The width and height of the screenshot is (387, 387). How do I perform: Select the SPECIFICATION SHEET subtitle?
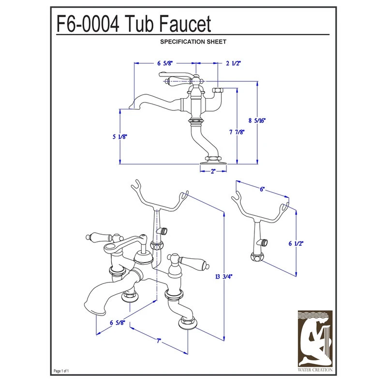pos(193,42)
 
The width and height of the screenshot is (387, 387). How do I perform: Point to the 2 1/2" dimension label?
pos(233,63)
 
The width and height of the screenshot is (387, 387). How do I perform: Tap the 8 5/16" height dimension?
pos(257,120)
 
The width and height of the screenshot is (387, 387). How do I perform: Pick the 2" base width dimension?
pos(213,171)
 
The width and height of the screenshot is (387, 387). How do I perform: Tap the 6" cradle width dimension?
pos(262,191)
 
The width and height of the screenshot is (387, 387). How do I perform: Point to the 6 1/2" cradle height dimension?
pos(296,243)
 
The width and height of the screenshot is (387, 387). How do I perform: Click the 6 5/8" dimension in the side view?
pos(165,63)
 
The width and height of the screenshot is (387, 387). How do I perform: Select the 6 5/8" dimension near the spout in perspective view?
pos(118,323)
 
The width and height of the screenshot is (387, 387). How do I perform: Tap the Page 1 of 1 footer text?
pos(62,371)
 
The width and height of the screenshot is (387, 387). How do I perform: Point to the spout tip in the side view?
pos(129,107)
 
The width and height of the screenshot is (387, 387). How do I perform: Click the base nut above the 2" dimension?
pos(213,158)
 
